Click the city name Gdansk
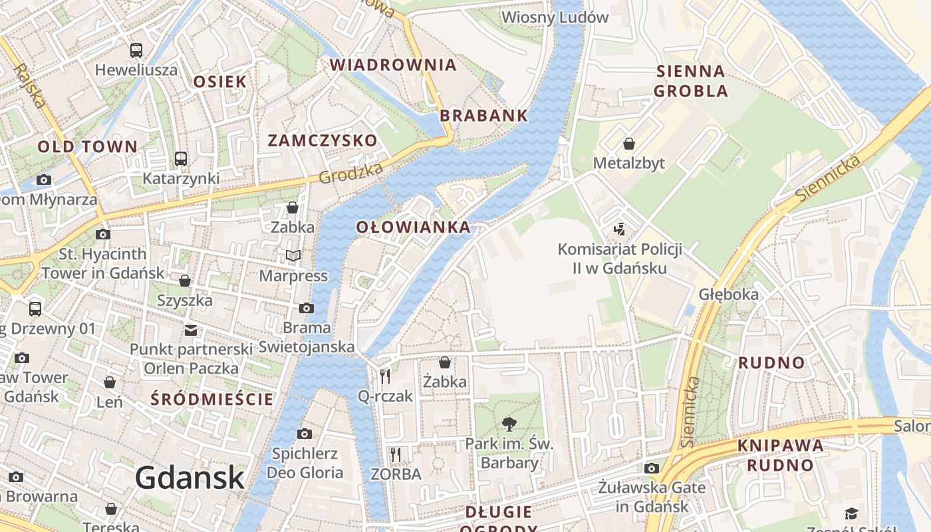190,477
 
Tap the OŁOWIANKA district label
413,227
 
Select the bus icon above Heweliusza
136,50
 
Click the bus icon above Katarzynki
181,158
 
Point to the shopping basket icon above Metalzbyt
628,143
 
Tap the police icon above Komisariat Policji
620,229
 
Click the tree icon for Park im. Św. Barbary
509,424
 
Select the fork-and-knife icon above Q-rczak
385,376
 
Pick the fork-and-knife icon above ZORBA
396,454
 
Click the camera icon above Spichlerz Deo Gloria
305,434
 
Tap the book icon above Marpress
293,255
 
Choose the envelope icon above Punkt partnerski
191,330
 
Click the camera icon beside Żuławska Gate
652,468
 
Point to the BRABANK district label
483,115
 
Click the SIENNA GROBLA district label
691,80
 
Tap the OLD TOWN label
87,146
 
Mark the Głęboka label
728,294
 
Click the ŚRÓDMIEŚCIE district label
211,399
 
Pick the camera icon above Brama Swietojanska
307,308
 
